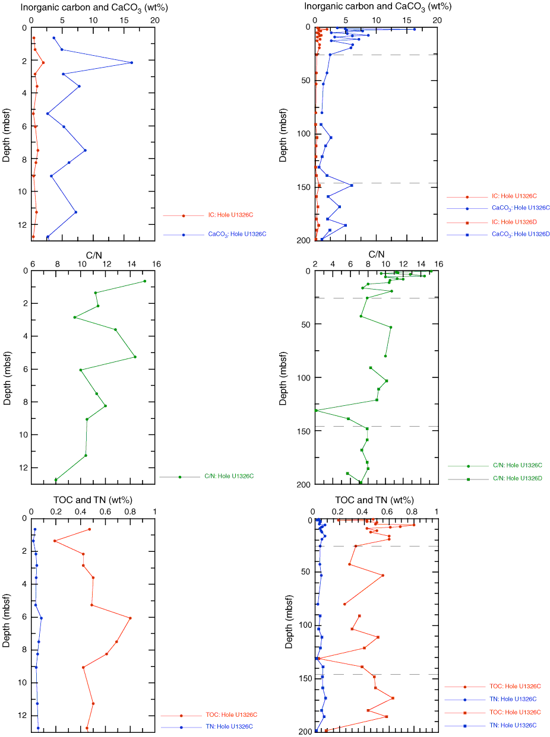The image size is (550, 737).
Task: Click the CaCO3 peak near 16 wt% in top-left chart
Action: tap(131, 62)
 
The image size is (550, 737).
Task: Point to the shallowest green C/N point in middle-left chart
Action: tap(144, 281)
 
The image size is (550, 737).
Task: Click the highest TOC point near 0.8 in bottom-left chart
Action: tap(130, 618)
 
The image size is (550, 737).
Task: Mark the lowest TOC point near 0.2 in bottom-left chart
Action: tap(55, 541)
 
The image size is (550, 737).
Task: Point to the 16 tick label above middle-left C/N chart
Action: tap(156, 263)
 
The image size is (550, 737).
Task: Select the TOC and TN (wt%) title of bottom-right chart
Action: tap(374, 500)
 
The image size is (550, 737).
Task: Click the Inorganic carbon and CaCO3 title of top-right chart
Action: tap(377, 7)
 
